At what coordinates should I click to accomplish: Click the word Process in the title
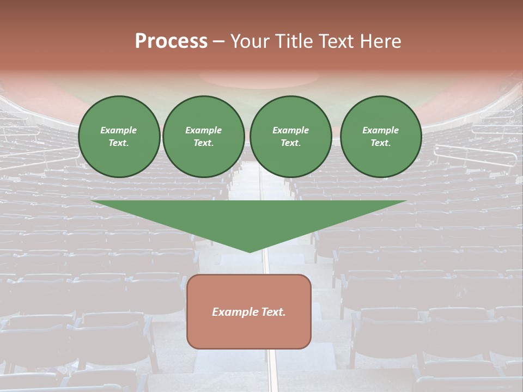(171, 41)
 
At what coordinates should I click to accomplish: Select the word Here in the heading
(380, 41)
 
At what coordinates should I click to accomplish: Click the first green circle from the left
(119, 137)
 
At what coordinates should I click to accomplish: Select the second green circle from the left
(204, 137)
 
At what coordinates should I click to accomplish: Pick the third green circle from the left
(291, 137)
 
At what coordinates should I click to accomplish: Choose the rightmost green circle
(381, 137)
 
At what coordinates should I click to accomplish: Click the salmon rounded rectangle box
(249, 327)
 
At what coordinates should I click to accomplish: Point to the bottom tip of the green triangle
(250, 252)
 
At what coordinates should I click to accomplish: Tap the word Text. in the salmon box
(273, 312)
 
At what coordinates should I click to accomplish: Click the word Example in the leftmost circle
(119, 130)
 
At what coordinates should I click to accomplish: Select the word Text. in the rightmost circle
(381, 143)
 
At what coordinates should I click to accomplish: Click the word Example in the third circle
(291, 130)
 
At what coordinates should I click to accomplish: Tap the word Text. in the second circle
(204, 143)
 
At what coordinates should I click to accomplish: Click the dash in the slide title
(218, 41)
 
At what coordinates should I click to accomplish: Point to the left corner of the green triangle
(92, 201)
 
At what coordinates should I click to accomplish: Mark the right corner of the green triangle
(406, 201)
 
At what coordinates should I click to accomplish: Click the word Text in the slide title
(335, 41)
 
